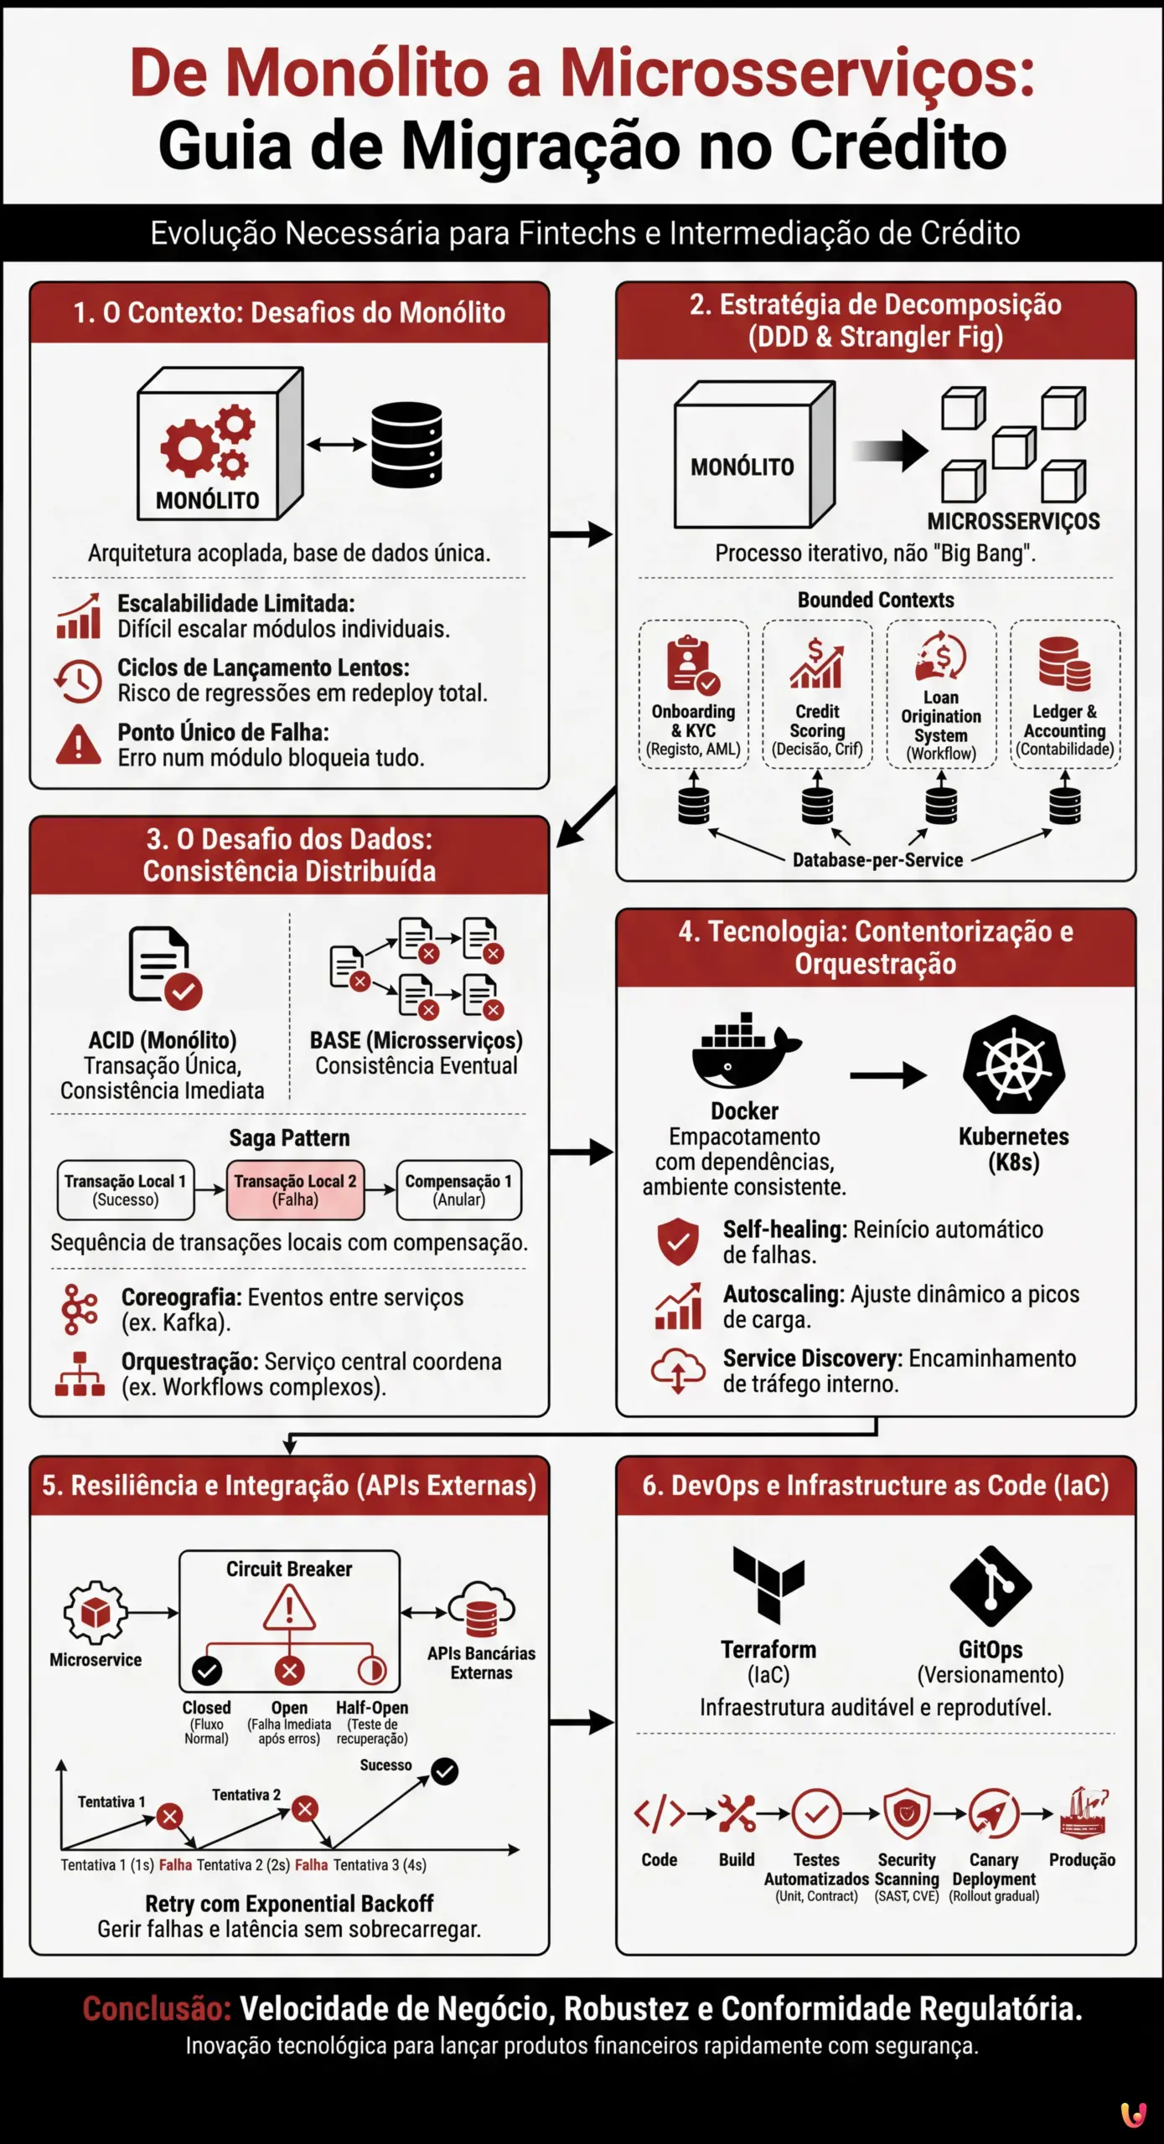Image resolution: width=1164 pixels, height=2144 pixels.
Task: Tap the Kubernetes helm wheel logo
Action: click(x=1013, y=1065)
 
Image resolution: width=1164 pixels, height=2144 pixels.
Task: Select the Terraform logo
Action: click(x=768, y=1584)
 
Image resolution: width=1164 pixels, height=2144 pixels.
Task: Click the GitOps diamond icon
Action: click(x=991, y=1585)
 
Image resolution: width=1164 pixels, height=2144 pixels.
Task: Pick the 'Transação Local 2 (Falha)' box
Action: click(x=295, y=1189)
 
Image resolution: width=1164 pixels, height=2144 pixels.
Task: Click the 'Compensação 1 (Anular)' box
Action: click(x=458, y=1189)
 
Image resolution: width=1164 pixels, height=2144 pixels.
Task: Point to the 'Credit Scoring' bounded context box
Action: click(x=817, y=694)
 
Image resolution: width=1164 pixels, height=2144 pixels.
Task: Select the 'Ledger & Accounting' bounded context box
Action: click(x=1064, y=694)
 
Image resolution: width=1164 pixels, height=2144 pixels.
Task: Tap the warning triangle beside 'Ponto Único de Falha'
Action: click(x=78, y=744)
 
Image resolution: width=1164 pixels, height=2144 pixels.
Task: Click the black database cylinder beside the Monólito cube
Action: click(x=406, y=445)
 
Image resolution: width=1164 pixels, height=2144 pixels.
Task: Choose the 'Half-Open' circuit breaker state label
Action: click(x=372, y=1708)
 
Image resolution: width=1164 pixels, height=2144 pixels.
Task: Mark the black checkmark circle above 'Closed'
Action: click(x=207, y=1672)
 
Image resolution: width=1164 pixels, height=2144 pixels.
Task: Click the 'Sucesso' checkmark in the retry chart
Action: click(x=444, y=1771)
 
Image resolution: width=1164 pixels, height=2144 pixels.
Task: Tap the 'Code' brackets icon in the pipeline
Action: click(x=659, y=1814)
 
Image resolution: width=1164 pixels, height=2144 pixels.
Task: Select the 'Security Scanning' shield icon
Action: click(x=907, y=1814)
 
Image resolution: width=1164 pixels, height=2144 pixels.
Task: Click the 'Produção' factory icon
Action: click(x=1083, y=1812)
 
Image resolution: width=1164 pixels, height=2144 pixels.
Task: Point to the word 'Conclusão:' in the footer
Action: click(x=157, y=2008)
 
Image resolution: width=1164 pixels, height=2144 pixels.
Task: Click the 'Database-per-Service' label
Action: click(x=877, y=860)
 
